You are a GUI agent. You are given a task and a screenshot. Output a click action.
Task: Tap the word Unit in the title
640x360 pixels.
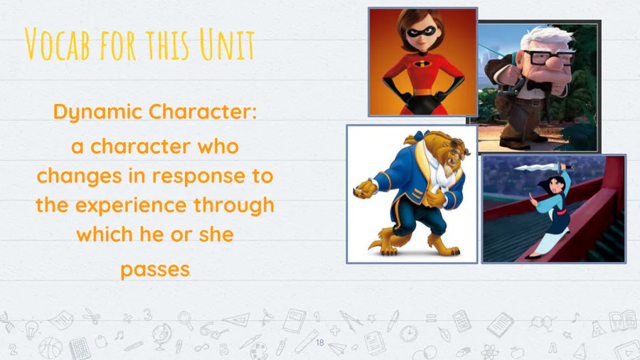pyautogui.click(x=227, y=44)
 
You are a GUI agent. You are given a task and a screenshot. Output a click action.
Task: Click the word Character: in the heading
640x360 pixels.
pyautogui.click(x=203, y=111)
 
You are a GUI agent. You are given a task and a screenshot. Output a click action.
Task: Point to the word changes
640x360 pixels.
pyautogui.click(x=79, y=176)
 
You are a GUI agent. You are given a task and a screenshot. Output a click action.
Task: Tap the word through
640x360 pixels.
pyautogui.click(x=233, y=206)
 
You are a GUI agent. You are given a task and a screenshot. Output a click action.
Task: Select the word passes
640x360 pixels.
pyautogui.click(x=155, y=270)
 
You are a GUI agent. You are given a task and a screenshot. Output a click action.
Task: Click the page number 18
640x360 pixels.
pyautogui.click(x=320, y=342)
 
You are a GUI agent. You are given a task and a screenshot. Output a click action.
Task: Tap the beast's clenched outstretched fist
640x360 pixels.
pyautogui.click(x=365, y=189)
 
